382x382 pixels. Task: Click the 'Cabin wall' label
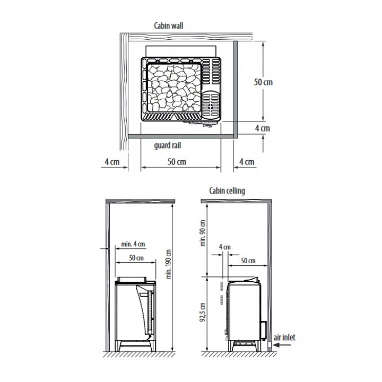pyautogui.click(x=169, y=26)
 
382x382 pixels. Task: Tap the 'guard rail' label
pyautogui.click(x=168, y=146)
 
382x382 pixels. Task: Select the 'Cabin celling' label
pyautogui.click(x=227, y=191)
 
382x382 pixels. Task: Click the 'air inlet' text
pyautogui.click(x=284, y=337)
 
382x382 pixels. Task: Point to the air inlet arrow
pyautogui.click(x=282, y=345)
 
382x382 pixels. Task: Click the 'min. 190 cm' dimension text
pyautogui.click(x=169, y=264)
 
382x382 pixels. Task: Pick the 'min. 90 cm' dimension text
pyautogui.click(x=203, y=233)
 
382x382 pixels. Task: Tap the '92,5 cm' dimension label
pyautogui.click(x=203, y=312)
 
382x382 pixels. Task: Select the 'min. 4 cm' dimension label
pyautogui.click(x=133, y=244)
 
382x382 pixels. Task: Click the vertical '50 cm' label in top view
pyautogui.click(x=263, y=82)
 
